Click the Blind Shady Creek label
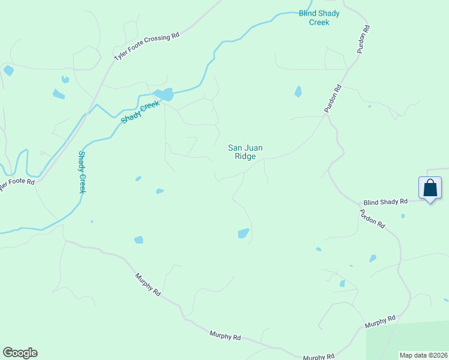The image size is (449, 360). [x=319, y=17]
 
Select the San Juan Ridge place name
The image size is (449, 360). [x=245, y=152]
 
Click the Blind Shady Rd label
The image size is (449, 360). [x=385, y=202]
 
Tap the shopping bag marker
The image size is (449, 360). [x=430, y=188]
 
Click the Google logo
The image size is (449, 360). [x=20, y=353]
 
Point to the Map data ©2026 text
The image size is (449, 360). [x=423, y=355]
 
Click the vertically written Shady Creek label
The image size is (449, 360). [x=82, y=172]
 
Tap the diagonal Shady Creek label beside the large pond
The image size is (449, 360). [x=140, y=112]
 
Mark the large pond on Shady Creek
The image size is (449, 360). [x=163, y=94]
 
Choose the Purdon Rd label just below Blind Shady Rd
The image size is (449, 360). [x=372, y=218]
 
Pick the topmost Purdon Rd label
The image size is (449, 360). [x=363, y=40]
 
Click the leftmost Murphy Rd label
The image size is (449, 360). [x=148, y=285]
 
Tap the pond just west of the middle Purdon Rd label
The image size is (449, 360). [x=298, y=92]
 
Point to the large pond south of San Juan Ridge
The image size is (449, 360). [x=243, y=233]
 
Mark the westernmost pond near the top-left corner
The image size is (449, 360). [x=8, y=70]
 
